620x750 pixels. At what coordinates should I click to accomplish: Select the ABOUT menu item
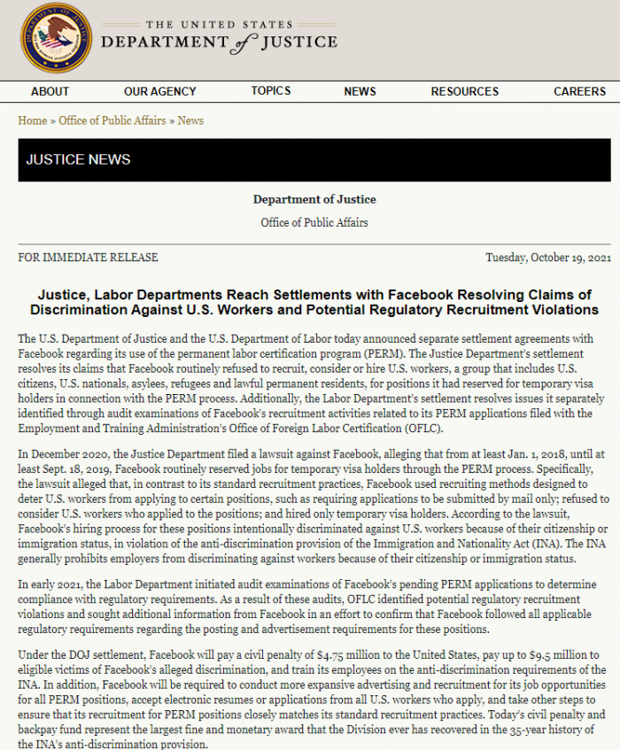(50, 91)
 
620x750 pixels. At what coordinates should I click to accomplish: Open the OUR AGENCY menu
(160, 91)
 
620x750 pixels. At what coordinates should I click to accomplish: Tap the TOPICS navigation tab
(270, 90)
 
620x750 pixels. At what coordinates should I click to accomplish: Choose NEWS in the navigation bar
(360, 91)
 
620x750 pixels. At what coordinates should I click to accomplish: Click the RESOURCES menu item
(464, 91)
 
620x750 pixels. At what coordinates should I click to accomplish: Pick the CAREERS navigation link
(580, 91)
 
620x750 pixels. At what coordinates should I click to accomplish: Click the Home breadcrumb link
(33, 120)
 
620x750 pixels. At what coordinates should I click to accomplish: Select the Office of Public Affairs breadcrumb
(112, 120)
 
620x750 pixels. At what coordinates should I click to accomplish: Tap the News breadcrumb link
(190, 120)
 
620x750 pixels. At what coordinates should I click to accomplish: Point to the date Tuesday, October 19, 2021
(548, 258)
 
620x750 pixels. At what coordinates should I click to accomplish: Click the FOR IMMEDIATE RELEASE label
(88, 258)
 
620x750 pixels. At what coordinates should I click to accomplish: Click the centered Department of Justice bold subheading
(314, 199)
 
